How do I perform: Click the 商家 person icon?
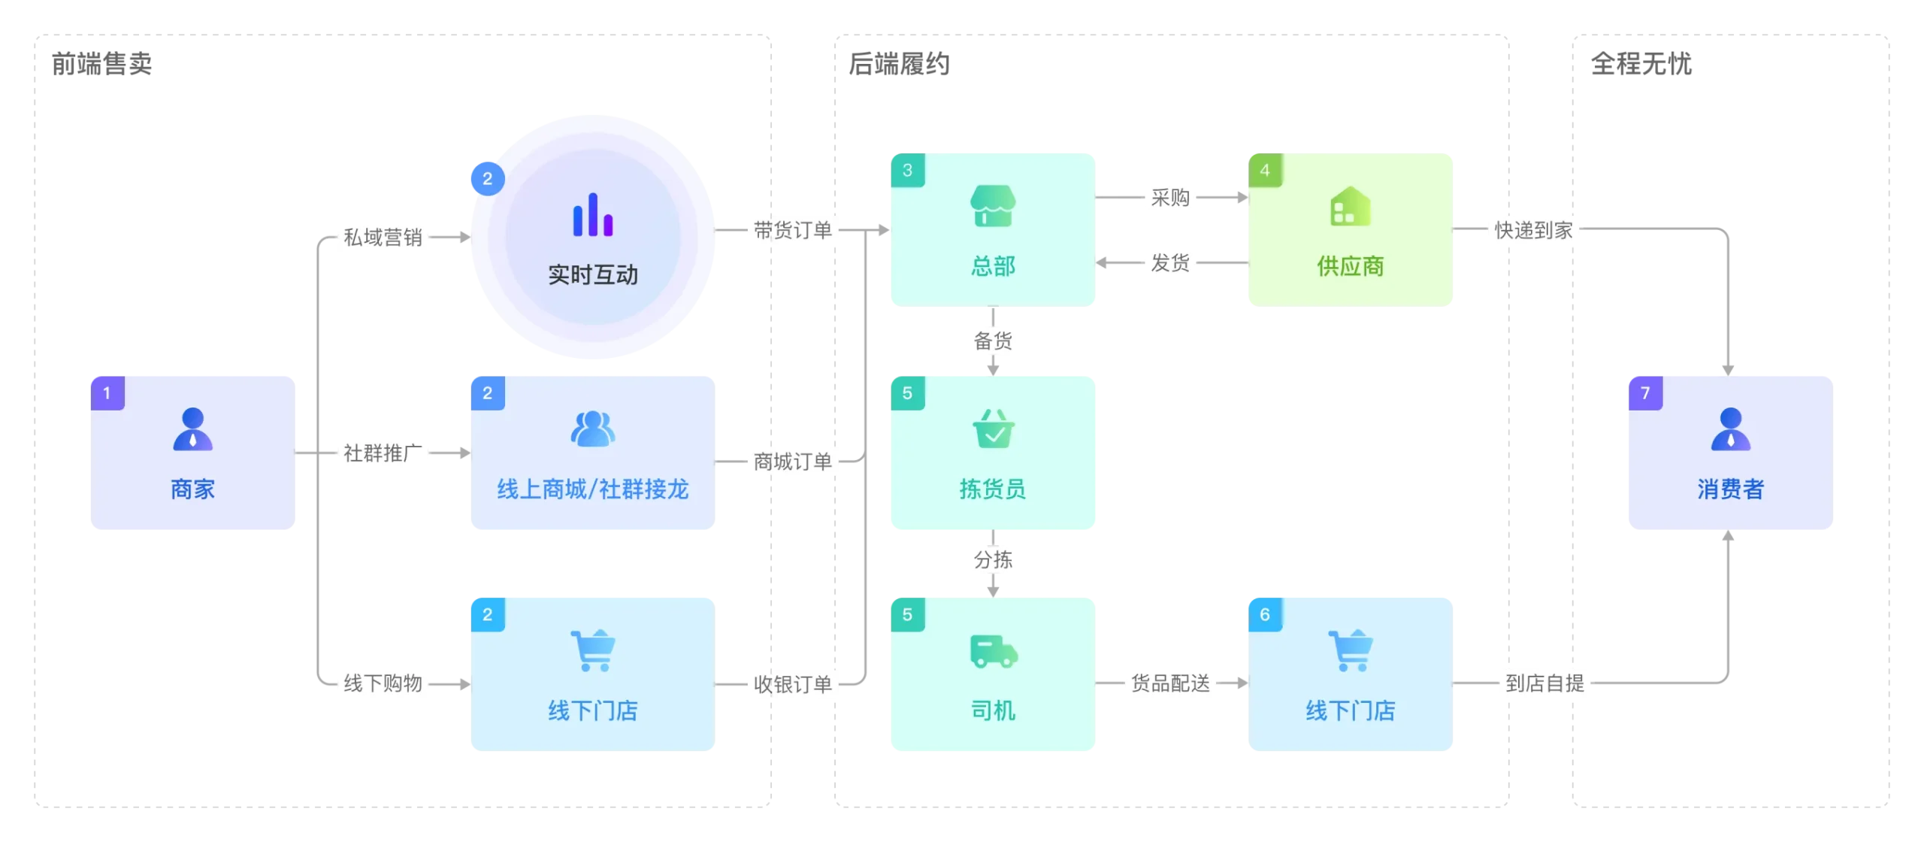pos(193,429)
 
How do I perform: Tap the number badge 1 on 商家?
pos(107,392)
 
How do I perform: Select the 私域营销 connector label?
pos(383,237)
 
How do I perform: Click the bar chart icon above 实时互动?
pos(593,215)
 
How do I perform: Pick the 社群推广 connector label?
pos(383,453)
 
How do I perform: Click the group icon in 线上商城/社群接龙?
pos(593,429)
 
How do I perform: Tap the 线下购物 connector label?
pos(383,683)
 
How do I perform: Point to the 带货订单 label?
pos(792,230)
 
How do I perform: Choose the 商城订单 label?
pos(792,461)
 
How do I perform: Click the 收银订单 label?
pos(792,684)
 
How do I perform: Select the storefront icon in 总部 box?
pos(993,206)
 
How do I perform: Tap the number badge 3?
pos(907,170)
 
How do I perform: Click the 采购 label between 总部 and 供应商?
pos(1169,198)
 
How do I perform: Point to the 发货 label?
pos(1169,262)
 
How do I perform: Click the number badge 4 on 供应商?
pos(1265,170)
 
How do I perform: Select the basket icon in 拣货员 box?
pos(993,429)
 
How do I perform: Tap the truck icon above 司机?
pos(993,651)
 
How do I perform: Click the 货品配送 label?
pos(1170,683)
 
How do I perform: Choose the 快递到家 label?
pos(1533,230)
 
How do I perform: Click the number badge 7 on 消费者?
pos(1645,392)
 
